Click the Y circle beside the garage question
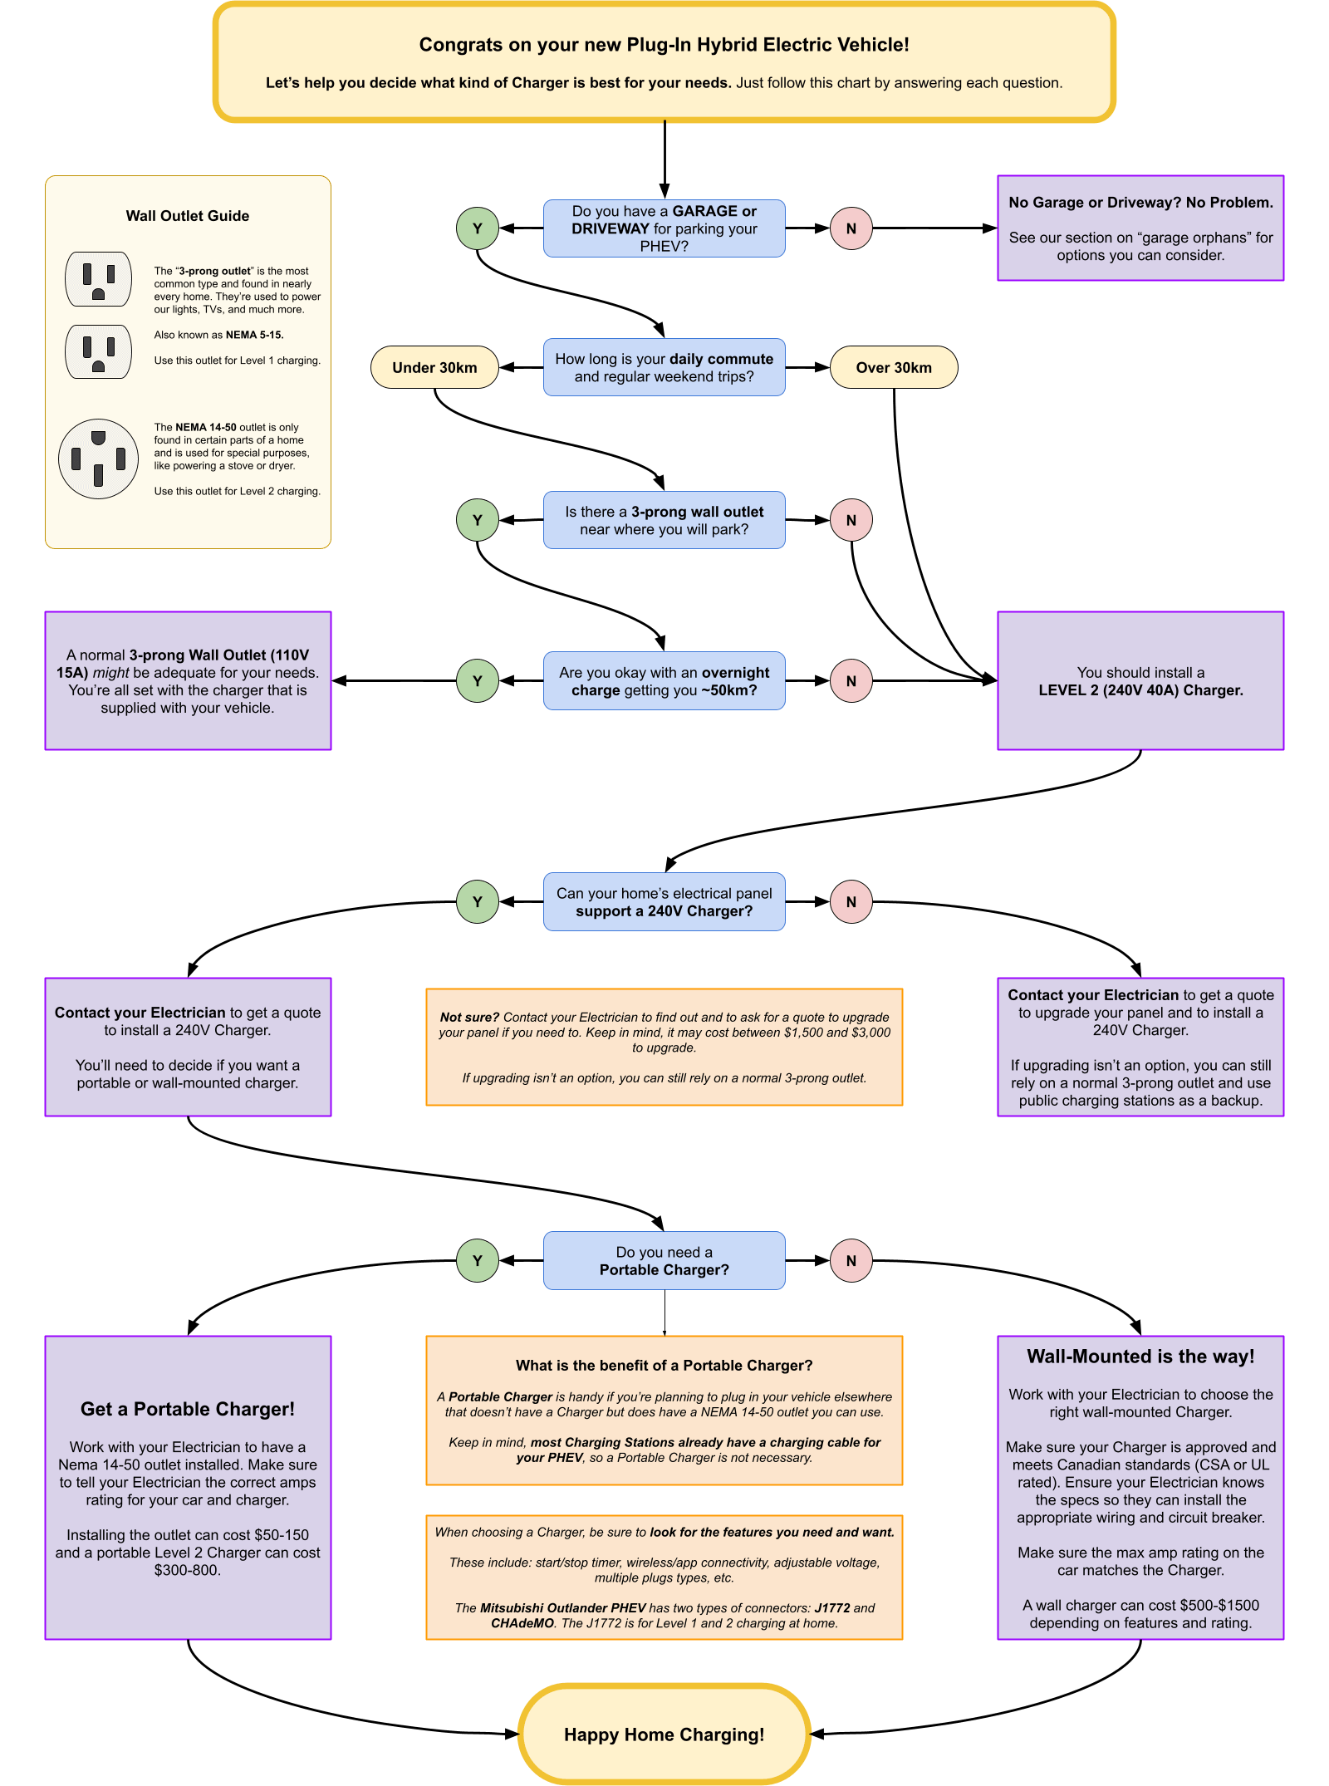click(478, 228)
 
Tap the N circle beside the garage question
click(851, 228)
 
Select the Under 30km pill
click(434, 367)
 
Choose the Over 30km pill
click(894, 367)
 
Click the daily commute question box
click(664, 367)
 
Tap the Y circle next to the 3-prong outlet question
click(478, 520)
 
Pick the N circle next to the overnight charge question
click(851, 681)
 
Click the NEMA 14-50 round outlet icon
click(98, 459)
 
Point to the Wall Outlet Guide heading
click(188, 216)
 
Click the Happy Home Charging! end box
click(664, 1734)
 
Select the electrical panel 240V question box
click(664, 902)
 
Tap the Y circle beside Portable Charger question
click(478, 1260)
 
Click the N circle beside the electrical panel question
click(851, 902)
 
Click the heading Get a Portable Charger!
click(188, 1409)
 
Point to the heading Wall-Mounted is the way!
click(1140, 1357)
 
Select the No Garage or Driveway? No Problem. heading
click(1140, 203)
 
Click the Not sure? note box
click(664, 1047)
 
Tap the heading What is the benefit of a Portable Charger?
click(664, 1366)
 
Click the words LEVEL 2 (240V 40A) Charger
click(1140, 690)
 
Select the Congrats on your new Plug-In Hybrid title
click(664, 45)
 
